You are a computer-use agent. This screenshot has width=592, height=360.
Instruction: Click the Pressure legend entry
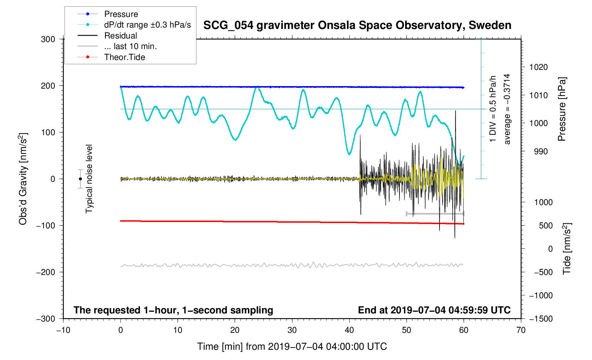[121, 14]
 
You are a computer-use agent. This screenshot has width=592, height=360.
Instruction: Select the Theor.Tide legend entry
[124, 57]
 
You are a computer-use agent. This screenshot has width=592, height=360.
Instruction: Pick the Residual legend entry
[120, 36]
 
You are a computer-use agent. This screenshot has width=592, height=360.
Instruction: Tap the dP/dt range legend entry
[147, 25]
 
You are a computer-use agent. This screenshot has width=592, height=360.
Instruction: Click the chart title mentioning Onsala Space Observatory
[357, 25]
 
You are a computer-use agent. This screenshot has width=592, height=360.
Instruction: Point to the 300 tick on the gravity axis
[48, 39]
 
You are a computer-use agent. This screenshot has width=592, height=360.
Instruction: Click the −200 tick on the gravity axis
[46, 272]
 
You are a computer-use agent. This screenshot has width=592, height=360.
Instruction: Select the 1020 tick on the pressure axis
[538, 67]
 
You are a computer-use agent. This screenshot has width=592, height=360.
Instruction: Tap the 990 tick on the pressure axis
[536, 151]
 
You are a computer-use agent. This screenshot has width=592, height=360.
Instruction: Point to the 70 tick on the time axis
[521, 330]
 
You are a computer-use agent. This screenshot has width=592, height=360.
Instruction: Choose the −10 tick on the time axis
[63, 330]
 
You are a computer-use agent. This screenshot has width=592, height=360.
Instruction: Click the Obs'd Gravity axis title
[23, 179]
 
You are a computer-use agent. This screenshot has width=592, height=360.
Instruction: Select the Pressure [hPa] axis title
[562, 109]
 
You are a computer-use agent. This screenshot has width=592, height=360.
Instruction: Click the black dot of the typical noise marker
[81, 179]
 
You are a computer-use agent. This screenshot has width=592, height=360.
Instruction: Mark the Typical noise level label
[89, 179]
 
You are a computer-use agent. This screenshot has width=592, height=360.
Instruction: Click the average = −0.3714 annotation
[507, 109]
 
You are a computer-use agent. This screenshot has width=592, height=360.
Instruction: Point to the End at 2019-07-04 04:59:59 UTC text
[434, 310]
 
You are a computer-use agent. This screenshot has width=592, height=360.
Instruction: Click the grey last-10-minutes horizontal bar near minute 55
[435, 214]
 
